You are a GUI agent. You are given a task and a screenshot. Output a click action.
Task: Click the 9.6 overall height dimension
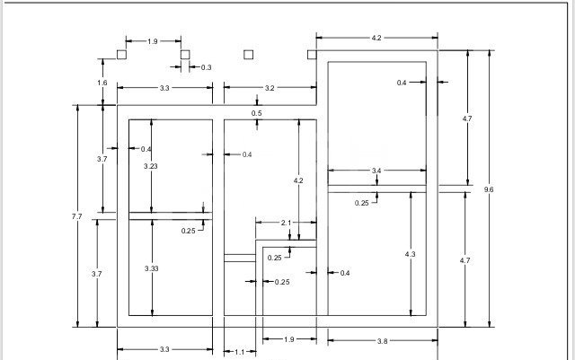(x=489, y=189)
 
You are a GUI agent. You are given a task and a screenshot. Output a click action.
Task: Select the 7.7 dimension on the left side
(x=77, y=216)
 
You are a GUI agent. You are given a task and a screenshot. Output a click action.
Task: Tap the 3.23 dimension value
(x=151, y=166)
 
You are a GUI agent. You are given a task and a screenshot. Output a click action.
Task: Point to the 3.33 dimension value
(x=151, y=268)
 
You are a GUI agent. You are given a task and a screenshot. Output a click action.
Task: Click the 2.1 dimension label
(x=286, y=222)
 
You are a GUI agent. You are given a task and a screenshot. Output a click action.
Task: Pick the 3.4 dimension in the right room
(x=376, y=170)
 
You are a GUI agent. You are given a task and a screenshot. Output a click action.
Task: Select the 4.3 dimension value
(x=411, y=255)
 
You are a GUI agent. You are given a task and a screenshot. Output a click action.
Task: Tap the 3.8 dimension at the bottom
(x=382, y=341)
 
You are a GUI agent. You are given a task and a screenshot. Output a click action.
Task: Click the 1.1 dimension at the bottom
(x=239, y=352)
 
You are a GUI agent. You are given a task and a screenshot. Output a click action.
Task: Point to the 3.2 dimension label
(x=270, y=88)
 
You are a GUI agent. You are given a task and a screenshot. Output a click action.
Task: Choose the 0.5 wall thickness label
(x=257, y=113)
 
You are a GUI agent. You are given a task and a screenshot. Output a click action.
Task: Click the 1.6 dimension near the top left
(x=102, y=83)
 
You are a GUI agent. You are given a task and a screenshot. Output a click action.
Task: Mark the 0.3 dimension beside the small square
(x=206, y=67)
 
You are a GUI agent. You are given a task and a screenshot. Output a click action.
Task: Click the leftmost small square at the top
(x=121, y=54)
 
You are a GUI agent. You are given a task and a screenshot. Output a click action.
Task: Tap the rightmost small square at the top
(x=312, y=54)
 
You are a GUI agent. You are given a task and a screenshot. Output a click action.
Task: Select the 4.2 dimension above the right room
(x=376, y=38)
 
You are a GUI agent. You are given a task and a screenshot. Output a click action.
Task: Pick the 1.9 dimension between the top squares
(x=153, y=41)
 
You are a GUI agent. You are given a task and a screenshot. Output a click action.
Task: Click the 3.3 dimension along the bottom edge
(x=164, y=349)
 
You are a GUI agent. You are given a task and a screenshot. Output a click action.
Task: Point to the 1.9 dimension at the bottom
(x=288, y=339)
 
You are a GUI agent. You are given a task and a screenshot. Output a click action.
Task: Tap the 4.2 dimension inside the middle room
(x=298, y=180)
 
